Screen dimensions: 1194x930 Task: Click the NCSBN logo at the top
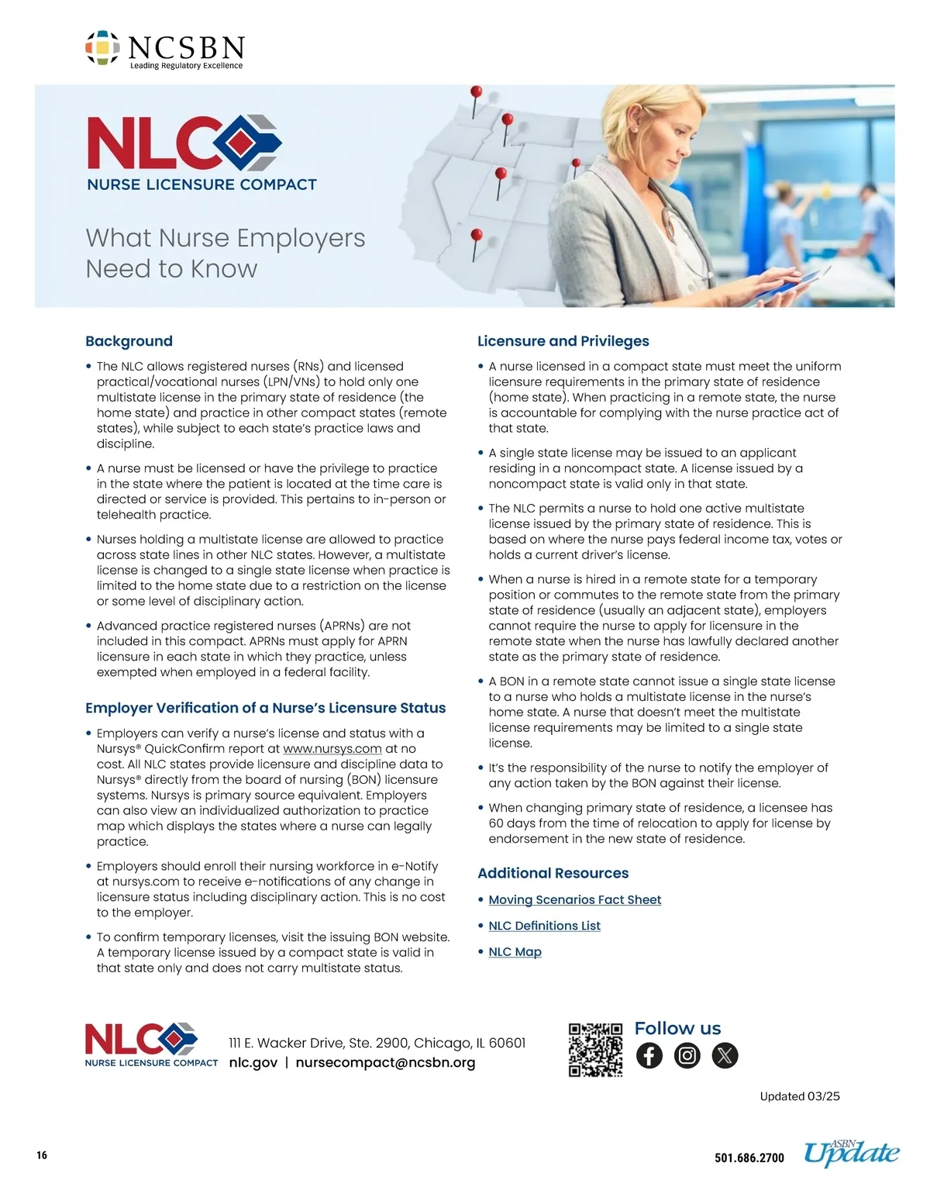click(x=164, y=50)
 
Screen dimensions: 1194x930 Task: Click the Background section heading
click(x=129, y=341)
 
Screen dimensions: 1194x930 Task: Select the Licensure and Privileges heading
click(x=563, y=341)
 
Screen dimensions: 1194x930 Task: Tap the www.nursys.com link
click(x=332, y=749)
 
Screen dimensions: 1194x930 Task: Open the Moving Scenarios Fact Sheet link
click(x=574, y=899)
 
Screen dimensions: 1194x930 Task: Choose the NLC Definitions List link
click(x=544, y=926)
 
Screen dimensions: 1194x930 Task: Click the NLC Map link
click(x=515, y=951)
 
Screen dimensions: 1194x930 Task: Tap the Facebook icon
click(x=649, y=1056)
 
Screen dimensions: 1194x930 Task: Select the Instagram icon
click(x=687, y=1056)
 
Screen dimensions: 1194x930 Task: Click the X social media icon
click(x=725, y=1056)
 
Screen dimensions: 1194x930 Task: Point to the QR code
click(x=595, y=1050)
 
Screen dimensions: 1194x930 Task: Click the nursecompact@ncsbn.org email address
click(x=385, y=1063)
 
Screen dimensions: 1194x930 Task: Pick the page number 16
click(x=42, y=1155)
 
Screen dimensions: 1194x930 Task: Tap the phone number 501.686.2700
click(x=749, y=1158)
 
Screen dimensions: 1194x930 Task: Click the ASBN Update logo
click(x=851, y=1154)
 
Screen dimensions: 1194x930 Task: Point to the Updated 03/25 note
click(x=799, y=1096)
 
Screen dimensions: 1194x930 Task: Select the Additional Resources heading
click(x=553, y=873)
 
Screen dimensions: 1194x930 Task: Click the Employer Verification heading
click(x=265, y=708)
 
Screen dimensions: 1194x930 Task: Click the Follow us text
click(x=677, y=1029)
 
